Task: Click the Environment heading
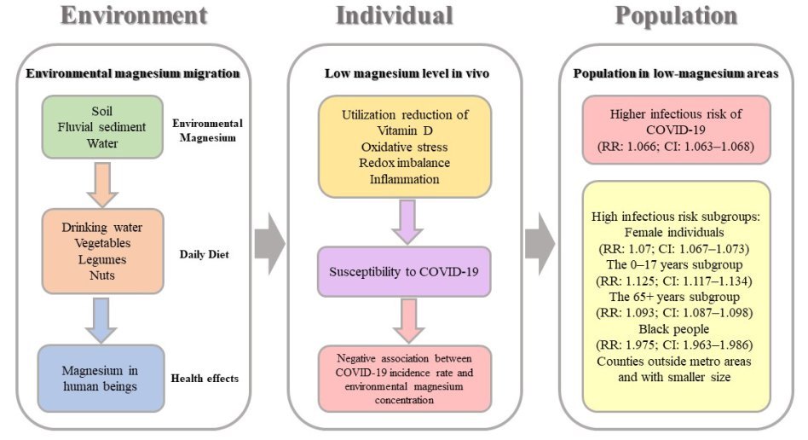(135, 16)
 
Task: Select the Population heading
(676, 16)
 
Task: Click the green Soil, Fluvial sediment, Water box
(101, 127)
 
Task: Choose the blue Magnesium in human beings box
(101, 379)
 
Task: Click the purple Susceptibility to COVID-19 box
(405, 270)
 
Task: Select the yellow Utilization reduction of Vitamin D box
(405, 148)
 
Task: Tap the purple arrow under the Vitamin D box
(405, 222)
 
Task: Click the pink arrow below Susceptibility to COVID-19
(405, 319)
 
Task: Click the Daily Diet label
(207, 254)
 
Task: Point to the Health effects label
(207, 379)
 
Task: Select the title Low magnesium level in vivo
(406, 73)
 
